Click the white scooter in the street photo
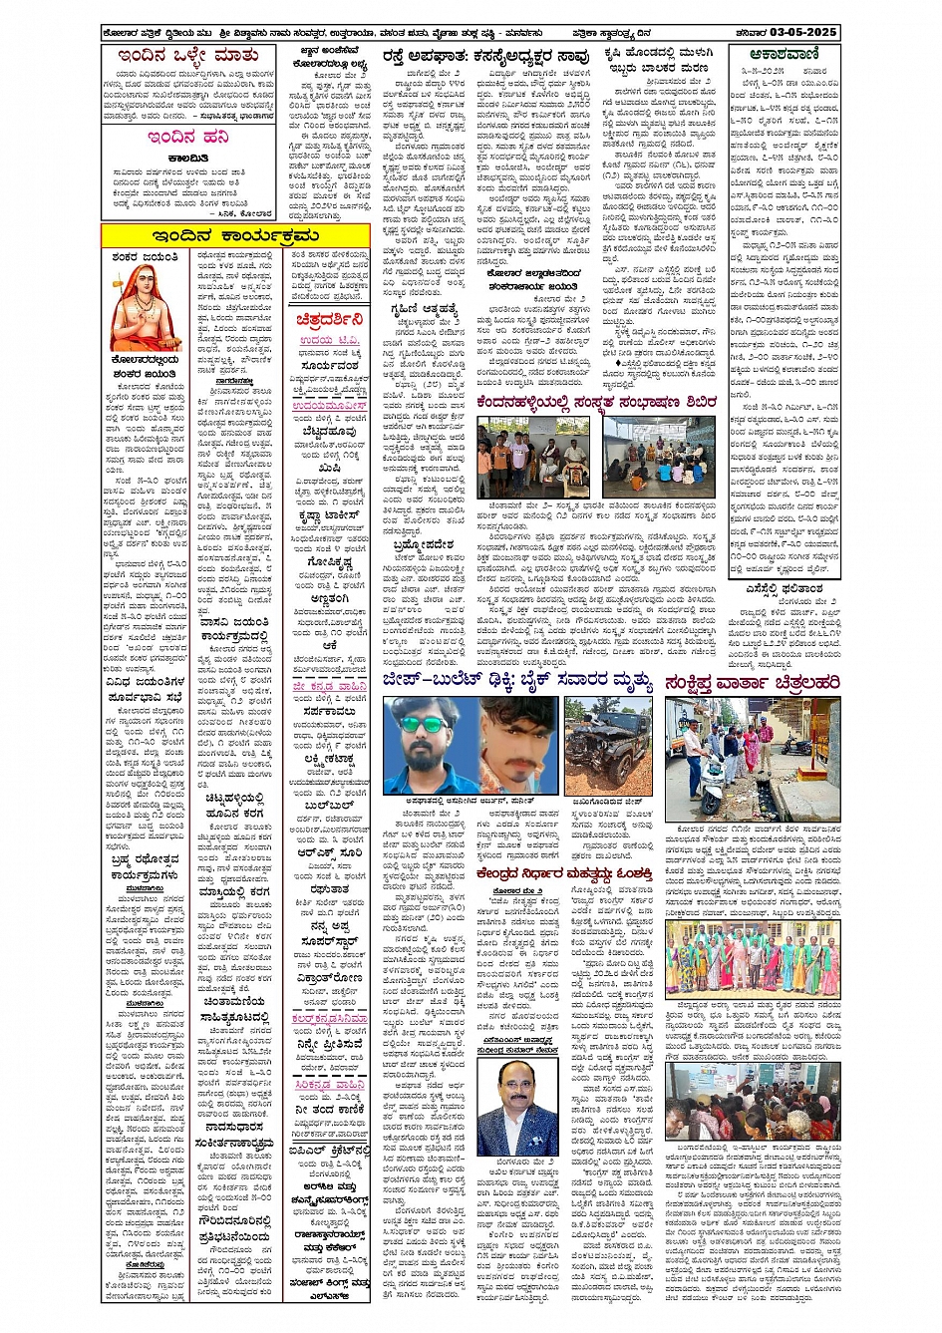[x=712, y=788]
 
